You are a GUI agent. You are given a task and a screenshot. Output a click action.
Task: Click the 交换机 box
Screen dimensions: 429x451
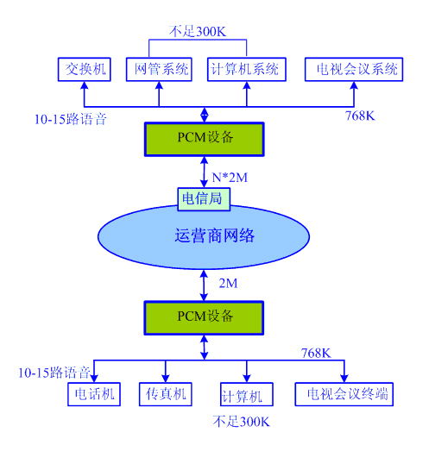tap(85, 69)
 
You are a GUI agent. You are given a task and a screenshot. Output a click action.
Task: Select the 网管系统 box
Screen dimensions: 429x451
tap(159, 69)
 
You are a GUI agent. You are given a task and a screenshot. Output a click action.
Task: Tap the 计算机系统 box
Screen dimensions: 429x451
tap(247, 69)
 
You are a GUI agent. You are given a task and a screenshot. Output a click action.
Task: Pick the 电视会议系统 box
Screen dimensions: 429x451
tap(354, 69)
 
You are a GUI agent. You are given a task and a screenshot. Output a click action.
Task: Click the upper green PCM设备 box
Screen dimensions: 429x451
tap(204, 139)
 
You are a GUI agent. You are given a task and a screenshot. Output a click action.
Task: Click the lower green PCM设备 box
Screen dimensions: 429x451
tap(204, 318)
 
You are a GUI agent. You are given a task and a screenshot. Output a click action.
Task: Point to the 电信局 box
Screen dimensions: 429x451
tap(204, 199)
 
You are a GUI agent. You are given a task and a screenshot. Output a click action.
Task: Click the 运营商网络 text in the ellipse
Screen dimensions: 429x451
tap(215, 236)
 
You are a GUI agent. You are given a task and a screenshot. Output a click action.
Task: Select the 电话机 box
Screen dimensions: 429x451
tap(94, 394)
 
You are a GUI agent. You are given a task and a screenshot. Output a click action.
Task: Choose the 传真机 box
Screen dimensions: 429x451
tap(166, 394)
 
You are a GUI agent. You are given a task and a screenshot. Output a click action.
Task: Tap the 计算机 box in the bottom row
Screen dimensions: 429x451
tap(247, 394)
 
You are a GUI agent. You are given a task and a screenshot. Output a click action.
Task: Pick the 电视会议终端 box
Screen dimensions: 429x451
tap(344, 394)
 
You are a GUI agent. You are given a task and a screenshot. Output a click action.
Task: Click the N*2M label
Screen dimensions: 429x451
tap(230, 178)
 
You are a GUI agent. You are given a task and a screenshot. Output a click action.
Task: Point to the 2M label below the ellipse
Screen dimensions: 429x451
tap(229, 284)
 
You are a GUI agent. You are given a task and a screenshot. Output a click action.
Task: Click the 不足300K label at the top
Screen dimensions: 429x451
tap(198, 31)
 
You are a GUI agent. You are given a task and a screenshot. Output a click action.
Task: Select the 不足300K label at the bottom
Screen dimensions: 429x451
tap(242, 422)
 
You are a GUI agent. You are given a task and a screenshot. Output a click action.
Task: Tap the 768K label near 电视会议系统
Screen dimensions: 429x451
tap(360, 116)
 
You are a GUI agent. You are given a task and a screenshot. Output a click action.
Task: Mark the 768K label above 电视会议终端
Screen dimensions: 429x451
tap(316, 354)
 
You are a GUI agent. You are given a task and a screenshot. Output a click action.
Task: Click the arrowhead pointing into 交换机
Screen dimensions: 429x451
tap(85, 85)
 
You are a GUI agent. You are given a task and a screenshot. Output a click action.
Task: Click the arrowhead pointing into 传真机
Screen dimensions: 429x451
tap(166, 379)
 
